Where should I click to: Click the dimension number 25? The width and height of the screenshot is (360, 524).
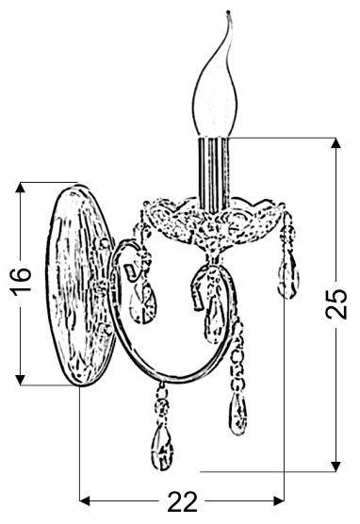click(336, 304)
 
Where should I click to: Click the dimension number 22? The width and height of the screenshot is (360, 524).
click(182, 501)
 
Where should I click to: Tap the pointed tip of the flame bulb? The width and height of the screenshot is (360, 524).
click(228, 12)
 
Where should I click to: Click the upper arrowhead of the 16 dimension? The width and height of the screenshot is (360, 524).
click(21, 188)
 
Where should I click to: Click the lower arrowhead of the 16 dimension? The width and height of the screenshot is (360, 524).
click(21, 379)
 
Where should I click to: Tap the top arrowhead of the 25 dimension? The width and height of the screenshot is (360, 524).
click(335, 143)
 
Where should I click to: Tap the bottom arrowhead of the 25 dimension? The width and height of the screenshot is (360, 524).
click(335, 467)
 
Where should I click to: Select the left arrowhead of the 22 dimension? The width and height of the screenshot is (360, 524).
click(85, 500)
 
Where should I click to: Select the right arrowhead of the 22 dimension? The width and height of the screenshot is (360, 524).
click(279, 500)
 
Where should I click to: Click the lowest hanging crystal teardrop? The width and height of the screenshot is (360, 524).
click(162, 446)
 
